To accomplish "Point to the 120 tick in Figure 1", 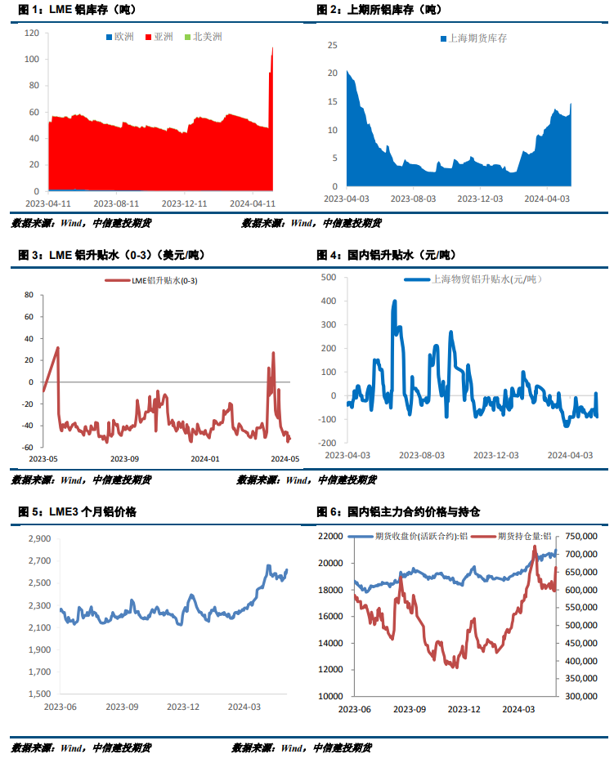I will [32, 33].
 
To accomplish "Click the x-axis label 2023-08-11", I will [116, 203].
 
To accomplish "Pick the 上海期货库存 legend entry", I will [473, 38].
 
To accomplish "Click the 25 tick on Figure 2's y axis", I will [332, 45].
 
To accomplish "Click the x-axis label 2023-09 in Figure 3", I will [124, 459].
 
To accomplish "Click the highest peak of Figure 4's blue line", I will [395, 301].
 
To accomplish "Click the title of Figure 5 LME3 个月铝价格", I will [78, 512].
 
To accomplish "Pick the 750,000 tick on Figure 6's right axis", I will [583, 536].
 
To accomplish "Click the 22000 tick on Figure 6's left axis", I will [331, 536].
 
